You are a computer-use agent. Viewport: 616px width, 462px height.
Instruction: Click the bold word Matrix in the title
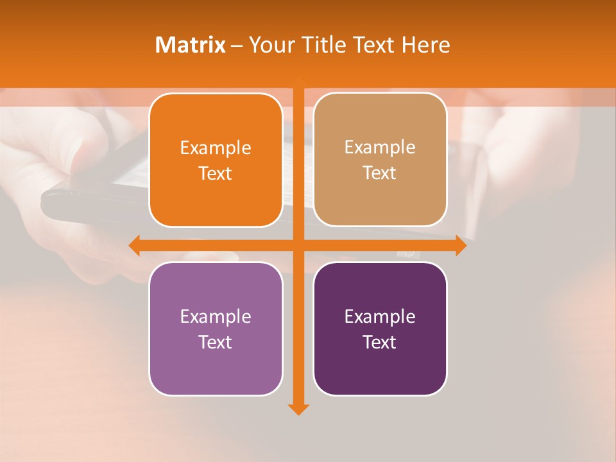click(x=191, y=45)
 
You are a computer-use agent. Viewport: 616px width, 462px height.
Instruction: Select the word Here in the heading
click(x=425, y=45)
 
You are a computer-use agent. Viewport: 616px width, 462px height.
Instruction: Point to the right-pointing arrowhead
click(x=461, y=245)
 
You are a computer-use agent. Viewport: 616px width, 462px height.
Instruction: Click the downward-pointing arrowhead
click(x=298, y=409)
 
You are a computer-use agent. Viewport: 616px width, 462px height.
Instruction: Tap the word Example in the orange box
click(x=216, y=148)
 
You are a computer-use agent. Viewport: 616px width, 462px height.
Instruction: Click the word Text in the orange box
click(x=216, y=174)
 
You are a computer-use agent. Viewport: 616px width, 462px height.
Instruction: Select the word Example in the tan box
click(x=380, y=148)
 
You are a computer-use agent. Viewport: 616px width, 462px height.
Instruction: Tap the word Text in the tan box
click(x=380, y=173)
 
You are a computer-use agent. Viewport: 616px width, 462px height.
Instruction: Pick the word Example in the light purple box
click(x=216, y=316)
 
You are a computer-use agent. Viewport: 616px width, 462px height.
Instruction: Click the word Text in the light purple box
click(x=216, y=342)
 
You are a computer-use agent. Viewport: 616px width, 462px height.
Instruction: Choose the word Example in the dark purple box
click(x=380, y=316)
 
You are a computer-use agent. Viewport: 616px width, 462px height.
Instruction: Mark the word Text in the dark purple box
click(x=380, y=342)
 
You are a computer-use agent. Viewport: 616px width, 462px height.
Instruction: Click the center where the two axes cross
click(x=298, y=245)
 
